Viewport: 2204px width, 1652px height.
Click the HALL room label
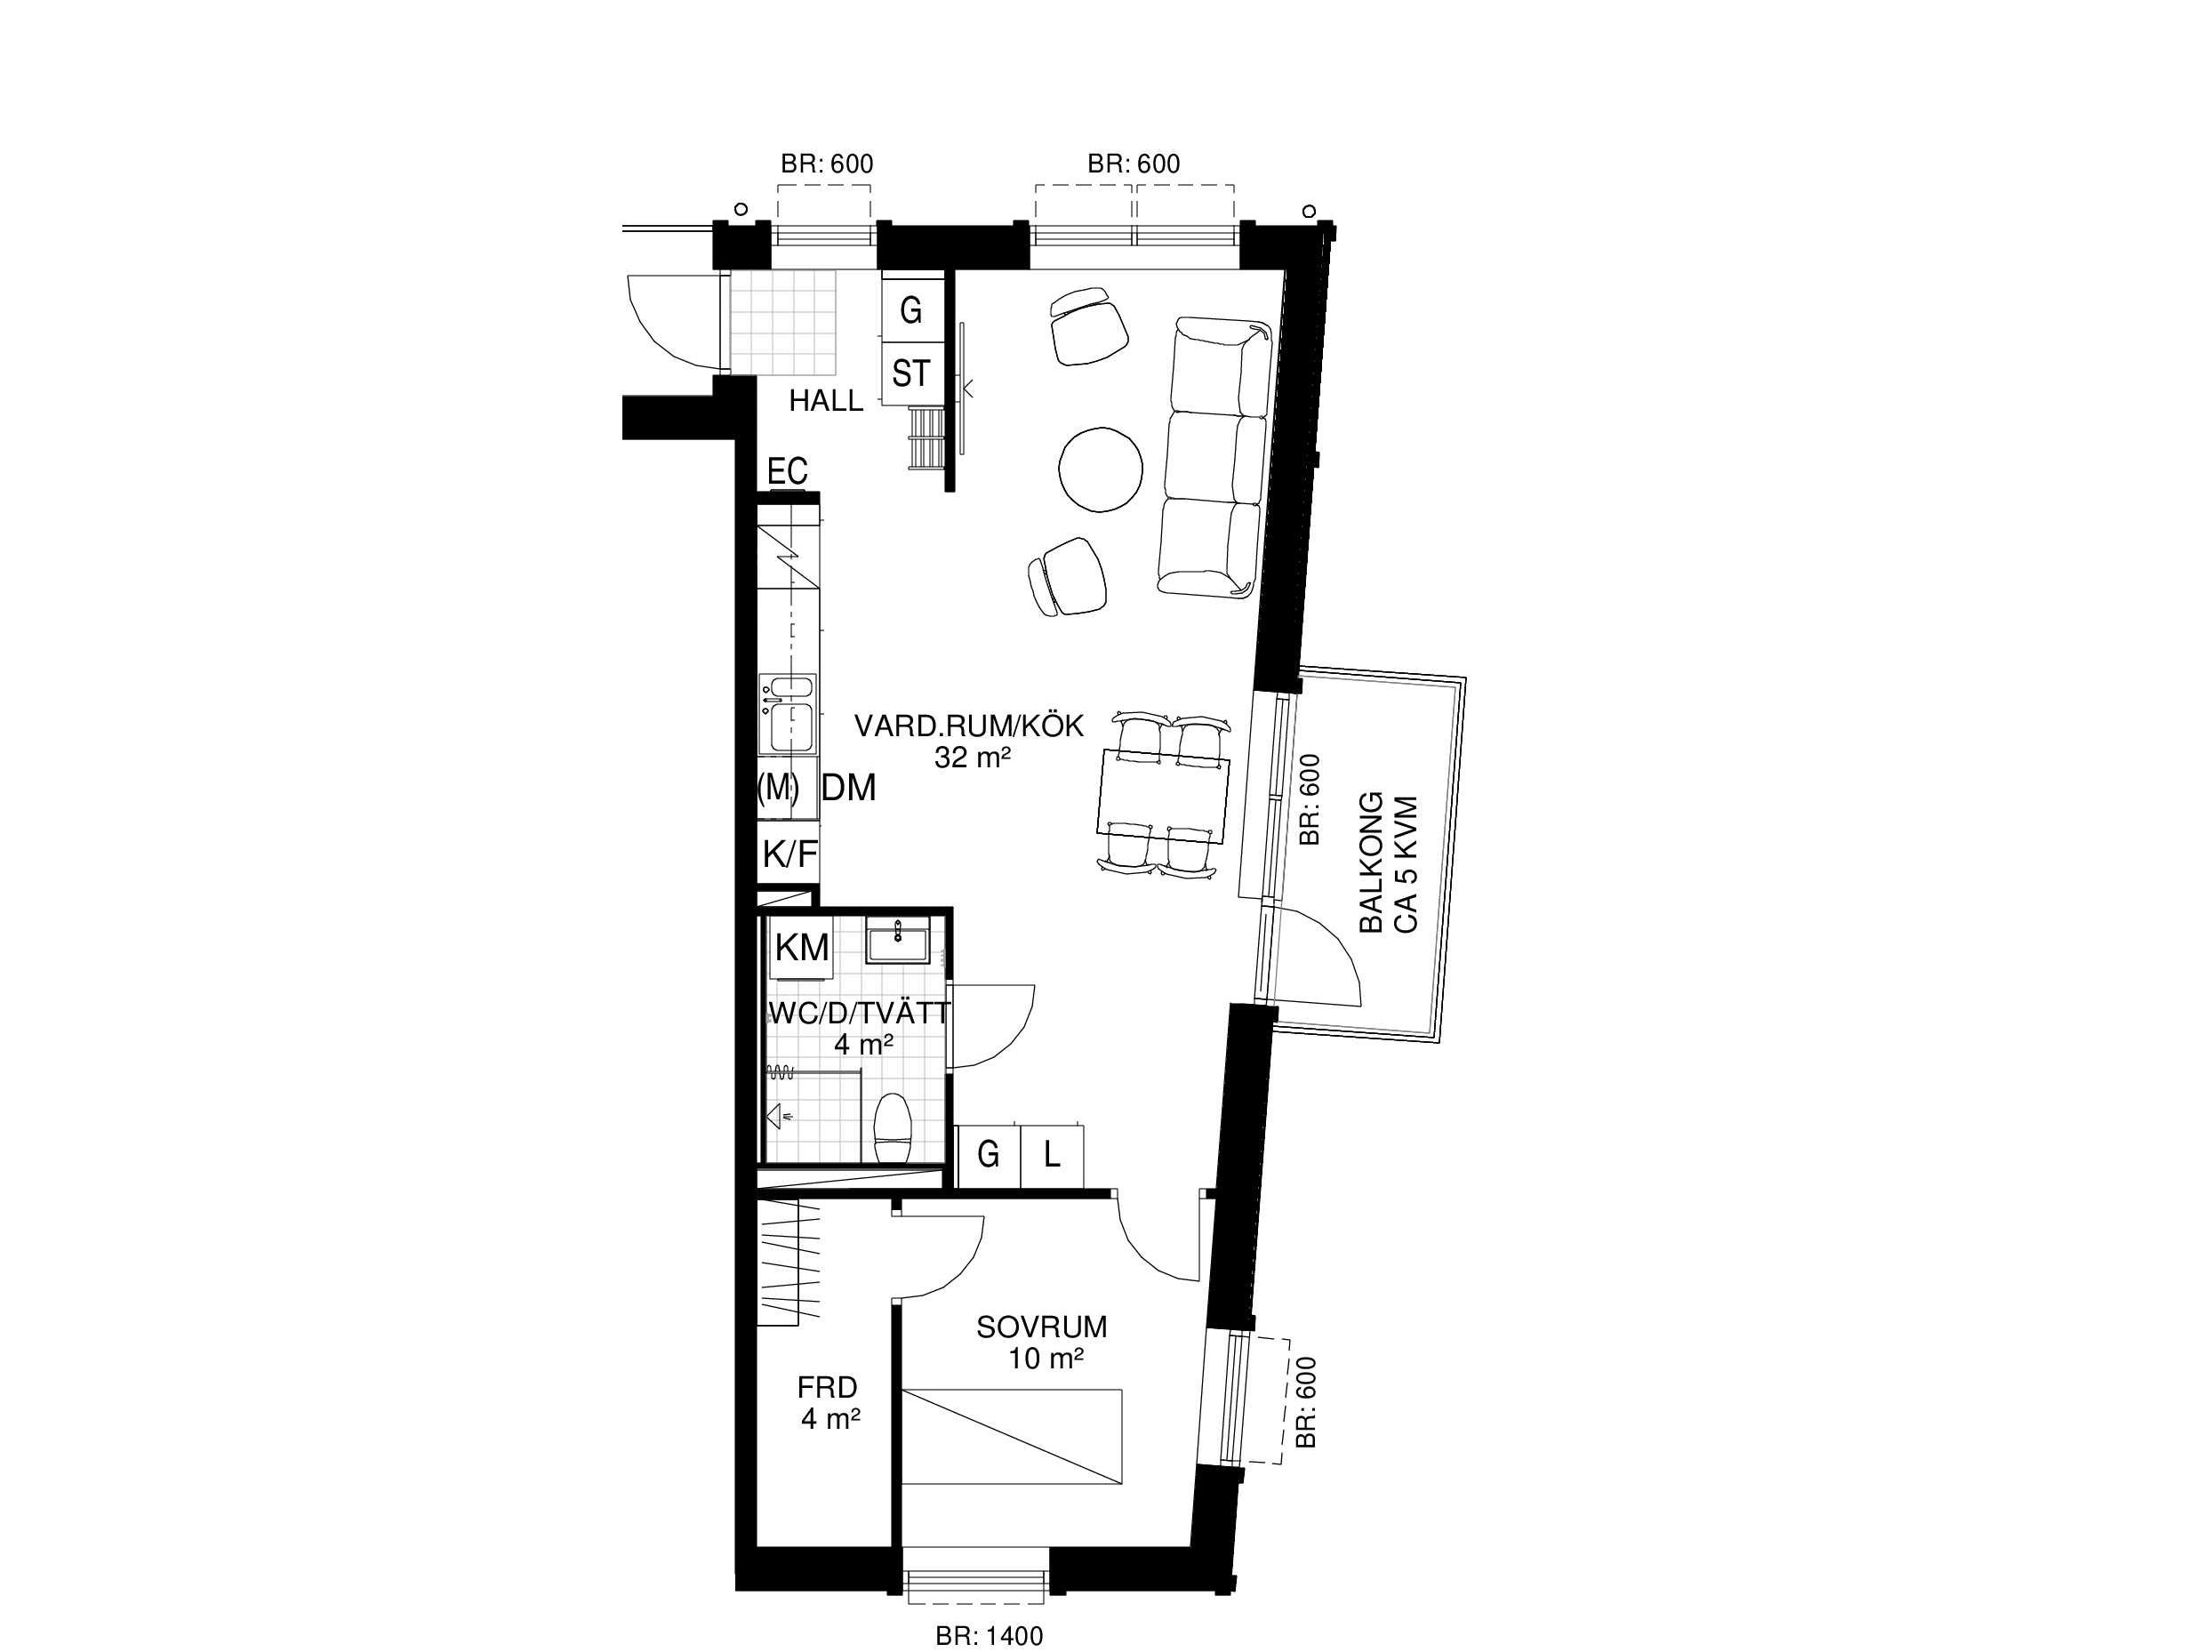click(826, 400)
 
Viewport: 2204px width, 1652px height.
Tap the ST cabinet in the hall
click(910, 373)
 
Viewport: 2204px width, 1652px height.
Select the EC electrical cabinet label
click(787, 470)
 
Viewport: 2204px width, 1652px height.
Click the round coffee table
click(1100, 469)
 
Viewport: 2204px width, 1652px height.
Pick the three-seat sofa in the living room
click(1214, 457)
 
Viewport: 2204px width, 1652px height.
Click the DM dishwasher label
click(849, 788)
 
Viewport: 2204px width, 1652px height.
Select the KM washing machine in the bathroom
click(802, 948)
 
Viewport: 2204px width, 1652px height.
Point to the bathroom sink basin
click(898, 942)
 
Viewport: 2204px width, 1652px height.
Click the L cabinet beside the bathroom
click(1051, 1156)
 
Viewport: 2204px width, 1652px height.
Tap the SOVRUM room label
click(1041, 1327)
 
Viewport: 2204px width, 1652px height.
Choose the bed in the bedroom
click(1013, 1436)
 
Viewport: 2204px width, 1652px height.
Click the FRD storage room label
click(827, 1387)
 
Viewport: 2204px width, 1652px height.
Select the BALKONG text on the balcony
click(1372, 862)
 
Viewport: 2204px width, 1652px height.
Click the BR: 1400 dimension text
click(990, 1635)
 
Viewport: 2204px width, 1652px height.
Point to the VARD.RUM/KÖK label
click(968, 726)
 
